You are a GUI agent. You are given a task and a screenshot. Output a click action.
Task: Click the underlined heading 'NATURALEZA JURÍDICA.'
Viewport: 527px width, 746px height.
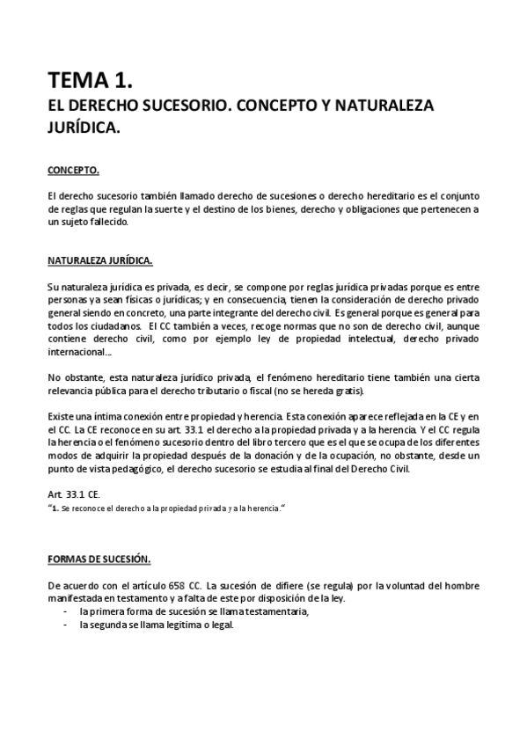(x=100, y=260)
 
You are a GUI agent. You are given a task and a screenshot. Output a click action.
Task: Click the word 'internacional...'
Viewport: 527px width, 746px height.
(x=80, y=351)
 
